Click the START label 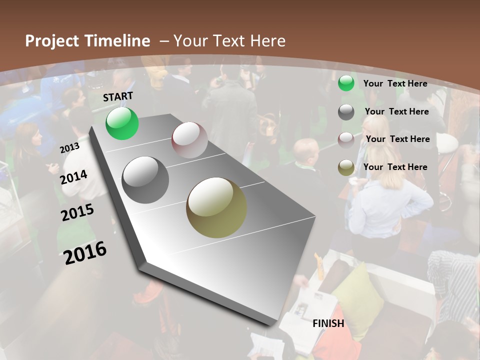[118, 96]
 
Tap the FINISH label [328, 323]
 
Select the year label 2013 [69, 147]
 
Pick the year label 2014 [74, 177]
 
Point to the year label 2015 [77, 212]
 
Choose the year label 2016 [85, 252]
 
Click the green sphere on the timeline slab [122, 123]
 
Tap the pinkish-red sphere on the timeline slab [189, 140]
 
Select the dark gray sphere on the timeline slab [145, 180]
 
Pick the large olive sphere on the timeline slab [216, 207]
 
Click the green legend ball [346, 83]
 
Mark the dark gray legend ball [346, 112]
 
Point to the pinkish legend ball [346, 140]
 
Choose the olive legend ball [346, 167]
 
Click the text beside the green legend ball [395, 83]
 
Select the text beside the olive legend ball [395, 167]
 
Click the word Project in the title [52, 41]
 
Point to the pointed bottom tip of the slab [272, 325]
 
